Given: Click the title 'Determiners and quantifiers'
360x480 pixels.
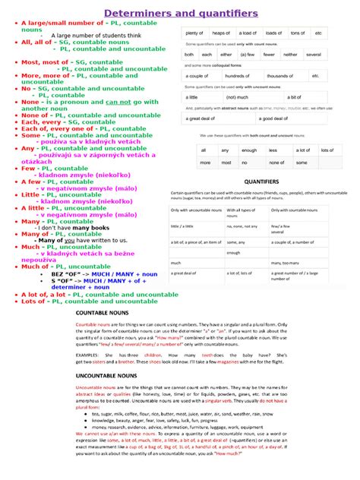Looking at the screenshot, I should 180,14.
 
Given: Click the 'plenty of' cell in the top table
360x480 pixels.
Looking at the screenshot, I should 194,33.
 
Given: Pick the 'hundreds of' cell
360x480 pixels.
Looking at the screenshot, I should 237,76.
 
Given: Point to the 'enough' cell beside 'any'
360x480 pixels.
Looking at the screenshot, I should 248,150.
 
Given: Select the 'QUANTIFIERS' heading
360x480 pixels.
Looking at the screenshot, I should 262,182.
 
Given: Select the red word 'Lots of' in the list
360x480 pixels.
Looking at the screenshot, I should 33,301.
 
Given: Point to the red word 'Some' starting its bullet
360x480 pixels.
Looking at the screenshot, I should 30,135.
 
